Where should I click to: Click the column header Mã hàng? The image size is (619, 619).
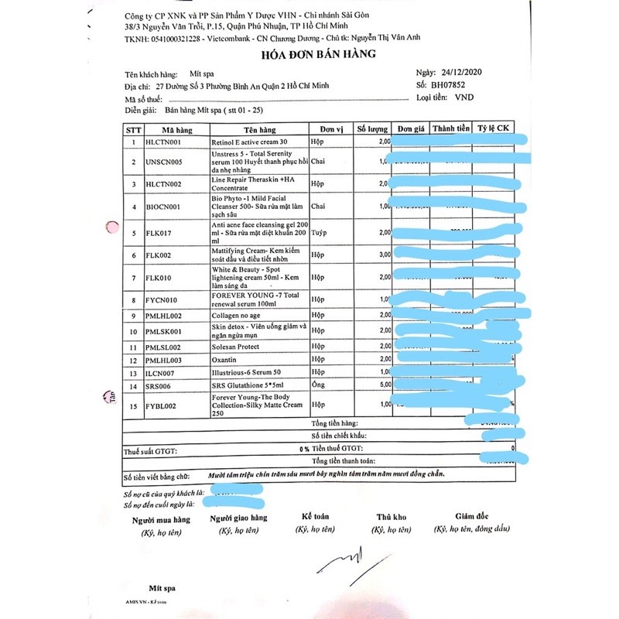pyautogui.click(x=176, y=129)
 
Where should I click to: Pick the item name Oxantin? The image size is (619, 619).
pyautogui.click(x=224, y=361)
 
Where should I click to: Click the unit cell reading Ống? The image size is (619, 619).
pyautogui.click(x=316, y=385)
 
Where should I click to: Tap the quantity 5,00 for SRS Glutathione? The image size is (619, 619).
pyautogui.click(x=384, y=385)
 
